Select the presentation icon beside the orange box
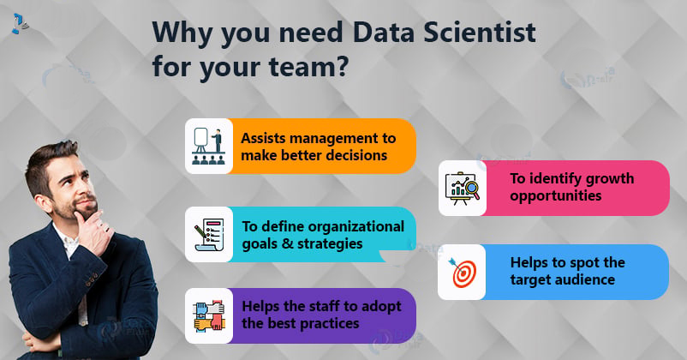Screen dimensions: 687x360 coord(208,146)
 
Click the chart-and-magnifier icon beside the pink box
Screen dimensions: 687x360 coord(463,188)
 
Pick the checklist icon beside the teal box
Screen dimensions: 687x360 coord(209,235)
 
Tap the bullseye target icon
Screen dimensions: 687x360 coord(462,273)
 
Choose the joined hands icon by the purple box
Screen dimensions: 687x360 coord(209,315)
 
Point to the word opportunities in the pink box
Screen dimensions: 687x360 coord(556,196)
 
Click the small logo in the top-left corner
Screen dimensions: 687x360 coord(20,24)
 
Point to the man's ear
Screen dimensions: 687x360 coord(42,202)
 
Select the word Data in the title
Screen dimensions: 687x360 coord(383,33)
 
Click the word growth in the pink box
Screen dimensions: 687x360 coord(609,179)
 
